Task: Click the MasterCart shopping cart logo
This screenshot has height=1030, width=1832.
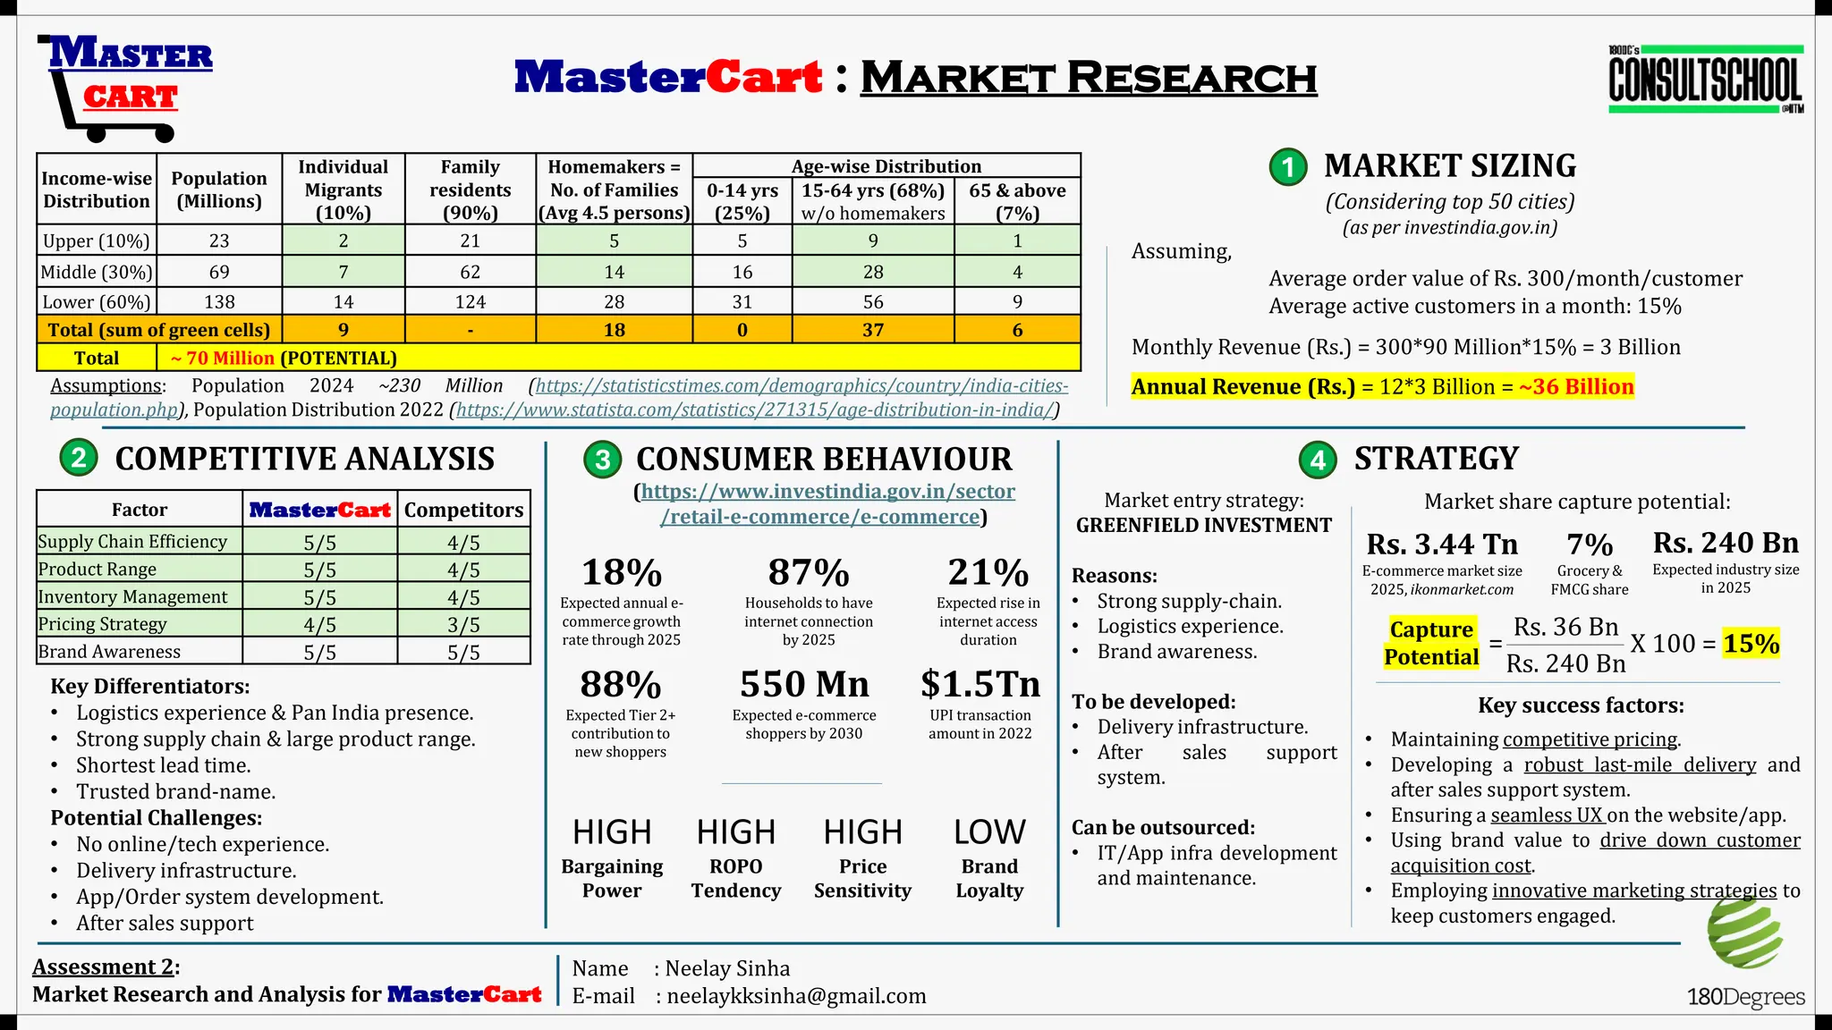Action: coord(124,87)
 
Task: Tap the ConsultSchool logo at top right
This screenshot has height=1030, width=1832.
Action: coord(1705,80)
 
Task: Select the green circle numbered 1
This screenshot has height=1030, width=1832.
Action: coord(1288,167)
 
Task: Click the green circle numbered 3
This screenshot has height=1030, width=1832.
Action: coord(603,460)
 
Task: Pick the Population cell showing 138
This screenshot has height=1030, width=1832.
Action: coord(219,302)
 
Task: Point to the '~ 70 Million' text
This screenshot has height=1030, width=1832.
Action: coord(222,358)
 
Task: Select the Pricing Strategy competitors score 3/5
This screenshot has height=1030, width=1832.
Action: coord(463,625)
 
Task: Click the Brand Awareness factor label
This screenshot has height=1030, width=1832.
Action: coord(109,652)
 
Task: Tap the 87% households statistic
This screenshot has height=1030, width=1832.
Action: coord(809,572)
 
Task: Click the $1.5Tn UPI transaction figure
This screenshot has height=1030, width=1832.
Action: coord(980,684)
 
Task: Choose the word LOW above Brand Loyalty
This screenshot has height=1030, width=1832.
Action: coord(988,832)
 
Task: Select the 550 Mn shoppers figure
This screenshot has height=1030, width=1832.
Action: coord(804,684)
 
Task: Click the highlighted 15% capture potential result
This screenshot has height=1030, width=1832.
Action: coord(1751,643)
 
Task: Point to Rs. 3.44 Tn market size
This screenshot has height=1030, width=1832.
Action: coord(1442,544)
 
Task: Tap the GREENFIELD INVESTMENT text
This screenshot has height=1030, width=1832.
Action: coord(1204,525)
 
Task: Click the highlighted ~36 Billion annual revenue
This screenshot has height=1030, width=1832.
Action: coord(1576,386)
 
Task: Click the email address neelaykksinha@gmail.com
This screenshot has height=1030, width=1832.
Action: coord(796,996)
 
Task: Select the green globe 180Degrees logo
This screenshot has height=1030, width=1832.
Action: coord(1744,934)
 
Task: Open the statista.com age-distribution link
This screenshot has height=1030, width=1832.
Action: coord(755,410)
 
